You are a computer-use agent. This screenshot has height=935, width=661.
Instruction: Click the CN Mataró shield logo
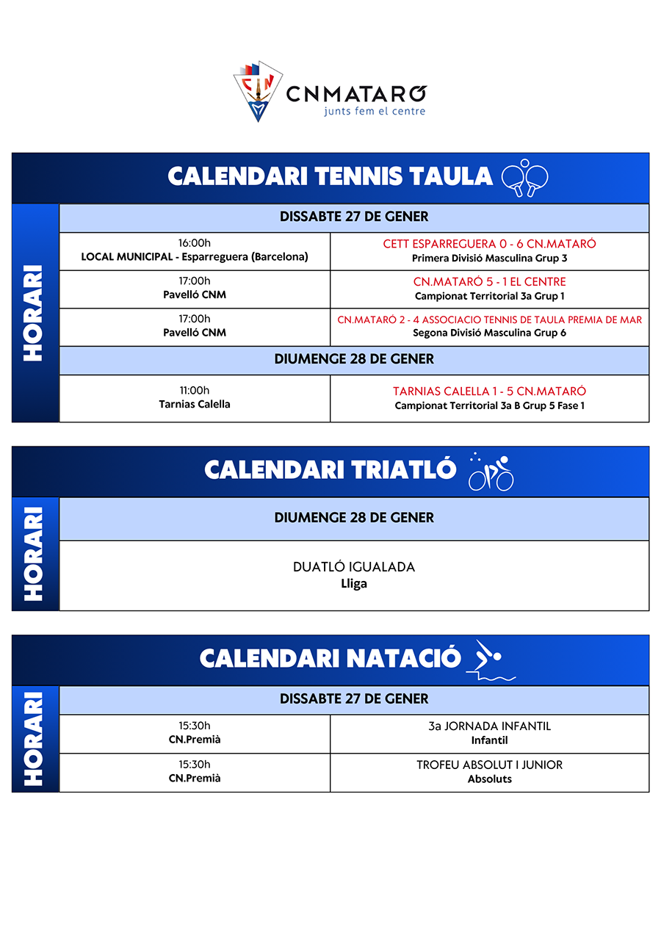click(x=258, y=90)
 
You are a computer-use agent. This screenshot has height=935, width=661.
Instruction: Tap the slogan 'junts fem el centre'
click(x=375, y=112)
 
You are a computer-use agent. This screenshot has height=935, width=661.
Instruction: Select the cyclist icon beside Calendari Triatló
click(x=491, y=472)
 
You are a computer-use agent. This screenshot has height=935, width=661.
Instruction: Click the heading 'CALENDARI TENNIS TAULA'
click(x=330, y=176)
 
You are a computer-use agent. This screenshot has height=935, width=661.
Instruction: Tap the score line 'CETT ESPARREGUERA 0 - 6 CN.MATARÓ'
click(x=489, y=244)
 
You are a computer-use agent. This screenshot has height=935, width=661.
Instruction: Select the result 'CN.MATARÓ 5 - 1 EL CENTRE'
click(x=489, y=282)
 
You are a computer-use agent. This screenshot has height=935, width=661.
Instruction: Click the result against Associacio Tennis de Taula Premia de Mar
click(x=489, y=320)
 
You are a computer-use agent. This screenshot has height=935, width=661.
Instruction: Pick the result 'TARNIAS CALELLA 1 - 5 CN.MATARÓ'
click(x=489, y=391)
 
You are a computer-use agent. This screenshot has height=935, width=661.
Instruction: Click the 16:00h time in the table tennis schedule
click(x=195, y=243)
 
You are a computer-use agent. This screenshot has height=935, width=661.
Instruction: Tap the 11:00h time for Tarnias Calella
click(x=195, y=391)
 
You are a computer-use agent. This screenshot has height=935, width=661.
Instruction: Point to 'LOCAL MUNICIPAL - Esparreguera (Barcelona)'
click(x=195, y=257)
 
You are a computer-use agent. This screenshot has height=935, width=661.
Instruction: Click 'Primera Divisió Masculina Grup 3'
click(x=489, y=259)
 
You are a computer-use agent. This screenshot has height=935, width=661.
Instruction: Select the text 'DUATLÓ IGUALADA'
click(x=354, y=567)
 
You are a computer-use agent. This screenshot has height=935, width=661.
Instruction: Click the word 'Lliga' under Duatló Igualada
click(x=354, y=584)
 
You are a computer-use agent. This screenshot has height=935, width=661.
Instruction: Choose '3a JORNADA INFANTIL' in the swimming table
click(x=489, y=726)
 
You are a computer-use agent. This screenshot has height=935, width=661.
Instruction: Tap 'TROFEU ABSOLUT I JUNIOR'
click(x=489, y=765)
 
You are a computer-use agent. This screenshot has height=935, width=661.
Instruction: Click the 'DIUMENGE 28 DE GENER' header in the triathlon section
click(x=354, y=518)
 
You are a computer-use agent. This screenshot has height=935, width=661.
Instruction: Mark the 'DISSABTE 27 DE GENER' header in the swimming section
click(x=354, y=698)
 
